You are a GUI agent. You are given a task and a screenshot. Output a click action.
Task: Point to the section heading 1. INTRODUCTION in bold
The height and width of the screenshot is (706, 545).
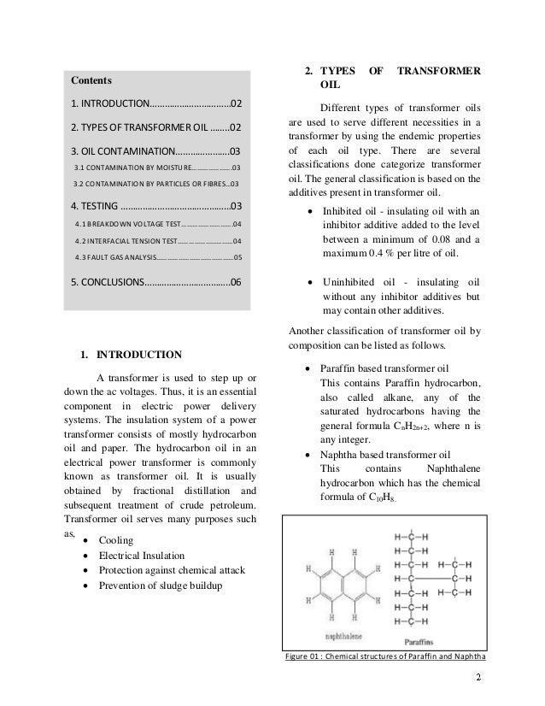131,354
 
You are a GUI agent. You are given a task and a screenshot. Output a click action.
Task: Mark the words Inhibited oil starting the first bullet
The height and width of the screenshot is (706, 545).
351,210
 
